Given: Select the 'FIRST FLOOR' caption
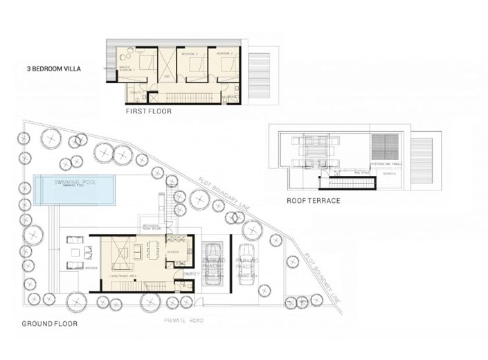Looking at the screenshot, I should pos(148,111).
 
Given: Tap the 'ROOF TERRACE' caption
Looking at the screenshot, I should pos(313,201).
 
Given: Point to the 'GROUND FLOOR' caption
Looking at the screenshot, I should pos(49,323).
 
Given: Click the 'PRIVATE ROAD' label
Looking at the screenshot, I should pos(183,321).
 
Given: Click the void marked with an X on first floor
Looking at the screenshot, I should pos(167,67).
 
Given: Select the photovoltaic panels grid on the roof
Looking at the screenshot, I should pos(386,147).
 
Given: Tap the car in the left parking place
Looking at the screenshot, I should pos(213,264).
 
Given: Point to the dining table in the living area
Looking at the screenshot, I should pos(155,249).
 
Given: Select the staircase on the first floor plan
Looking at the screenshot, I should pos(187,98).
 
